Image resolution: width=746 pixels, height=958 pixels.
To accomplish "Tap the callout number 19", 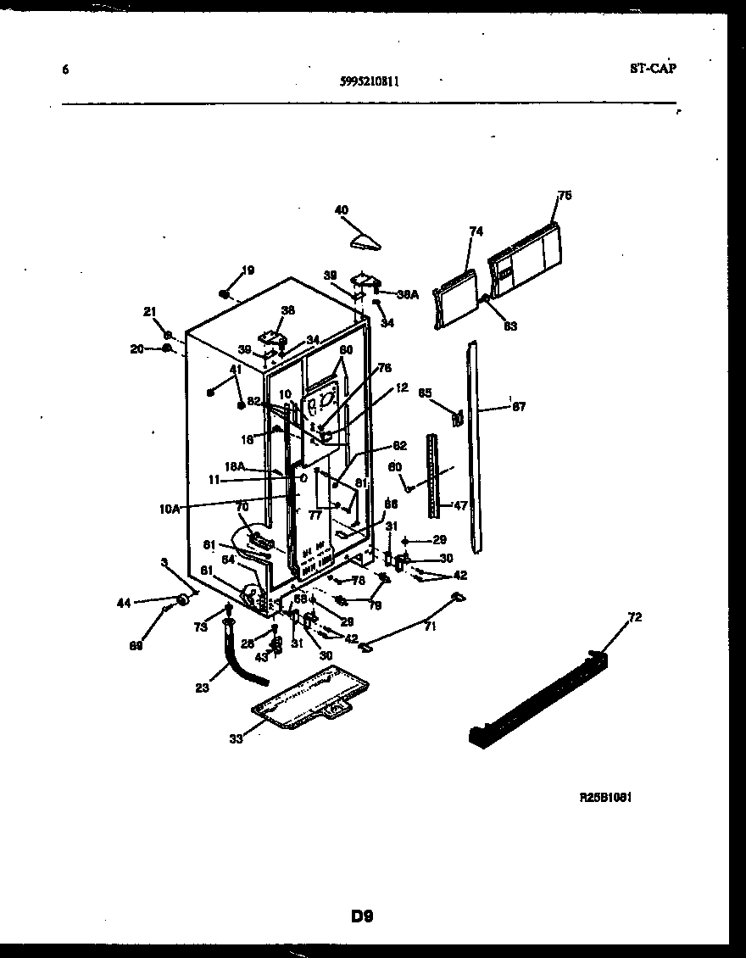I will pyautogui.click(x=248, y=271).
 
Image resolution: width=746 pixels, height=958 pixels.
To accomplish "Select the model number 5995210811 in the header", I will pyautogui.click(x=370, y=82).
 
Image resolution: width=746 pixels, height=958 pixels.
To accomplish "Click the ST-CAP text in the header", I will pyautogui.click(x=653, y=70).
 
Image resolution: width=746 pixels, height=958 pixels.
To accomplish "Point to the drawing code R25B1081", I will pyautogui.click(x=606, y=798).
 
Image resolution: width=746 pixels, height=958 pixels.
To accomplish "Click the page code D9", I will pyautogui.click(x=362, y=916).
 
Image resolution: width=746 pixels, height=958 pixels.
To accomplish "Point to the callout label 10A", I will pyautogui.click(x=170, y=509).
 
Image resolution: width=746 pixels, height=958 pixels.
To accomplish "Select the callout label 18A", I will pyautogui.click(x=235, y=466).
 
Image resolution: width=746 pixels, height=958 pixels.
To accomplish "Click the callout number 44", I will pyautogui.click(x=125, y=603).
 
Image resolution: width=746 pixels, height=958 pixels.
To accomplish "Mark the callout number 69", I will pyautogui.click(x=136, y=645).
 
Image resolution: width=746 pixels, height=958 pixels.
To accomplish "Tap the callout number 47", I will pyautogui.click(x=460, y=505).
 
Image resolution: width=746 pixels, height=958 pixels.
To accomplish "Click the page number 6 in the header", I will pyautogui.click(x=65, y=70).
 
